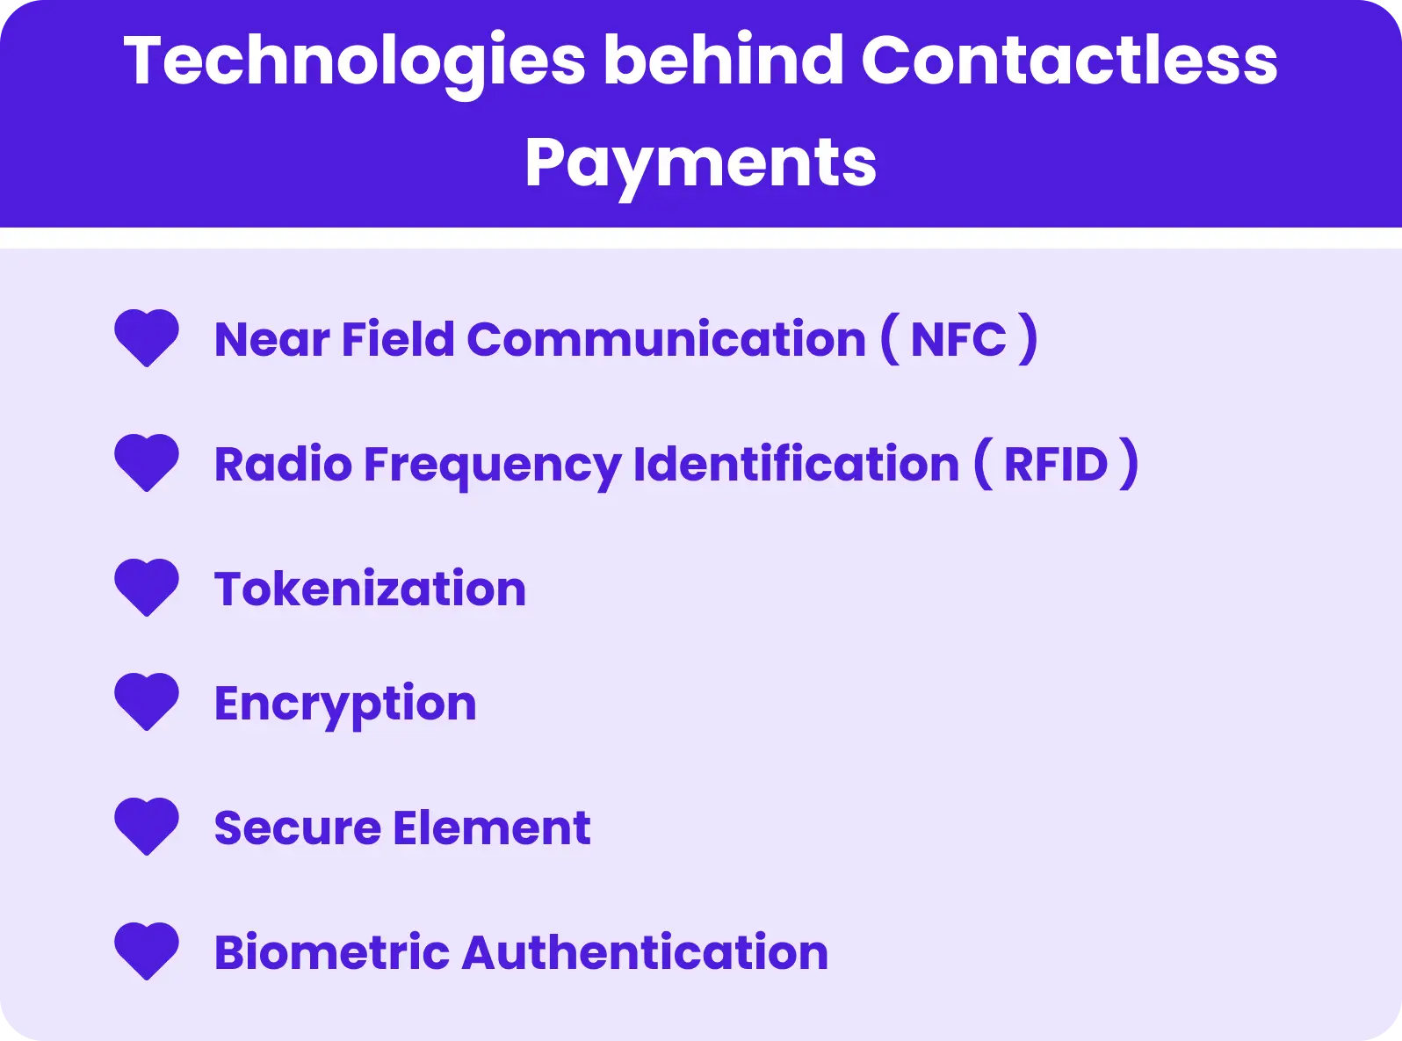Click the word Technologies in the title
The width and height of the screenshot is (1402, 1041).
coord(354,61)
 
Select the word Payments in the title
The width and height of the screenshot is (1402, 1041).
coord(700,163)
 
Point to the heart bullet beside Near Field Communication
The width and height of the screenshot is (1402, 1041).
coord(147,337)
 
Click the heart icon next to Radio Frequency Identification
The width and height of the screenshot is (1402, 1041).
coord(147,462)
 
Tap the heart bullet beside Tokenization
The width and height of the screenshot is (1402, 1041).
coord(147,587)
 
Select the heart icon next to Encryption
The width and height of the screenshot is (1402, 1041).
coord(147,701)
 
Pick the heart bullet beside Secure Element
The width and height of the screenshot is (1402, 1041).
coord(147,826)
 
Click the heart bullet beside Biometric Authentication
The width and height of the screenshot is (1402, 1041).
coord(147,951)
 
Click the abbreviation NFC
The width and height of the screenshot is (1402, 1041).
coord(958,340)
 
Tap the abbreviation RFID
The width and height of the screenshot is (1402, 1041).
coord(1056,465)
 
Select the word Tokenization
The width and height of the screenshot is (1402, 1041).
coord(370,589)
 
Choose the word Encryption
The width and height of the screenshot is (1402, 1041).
coord(345,705)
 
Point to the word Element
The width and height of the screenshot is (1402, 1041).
coord(492,828)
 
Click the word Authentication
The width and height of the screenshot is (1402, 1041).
coord(645,953)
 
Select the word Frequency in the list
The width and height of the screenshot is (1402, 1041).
coord(492,466)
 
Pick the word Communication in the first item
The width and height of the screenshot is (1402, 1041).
coord(666,340)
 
